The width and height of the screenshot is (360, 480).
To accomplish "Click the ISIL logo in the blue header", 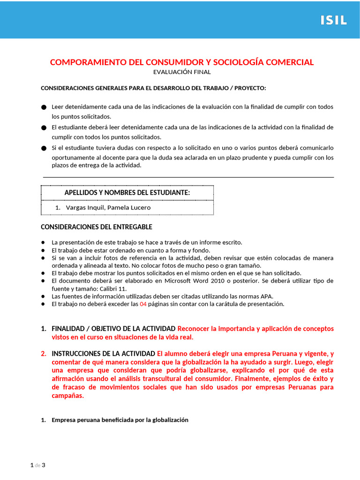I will pyautogui.click(x=333, y=20).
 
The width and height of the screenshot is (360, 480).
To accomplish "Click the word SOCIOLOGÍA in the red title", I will pyautogui.click(x=237, y=62).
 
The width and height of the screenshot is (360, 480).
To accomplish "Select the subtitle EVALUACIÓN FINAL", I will pyautogui.click(x=182, y=72).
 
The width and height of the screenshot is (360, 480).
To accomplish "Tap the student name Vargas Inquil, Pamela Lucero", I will pyautogui.click(x=108, y=208).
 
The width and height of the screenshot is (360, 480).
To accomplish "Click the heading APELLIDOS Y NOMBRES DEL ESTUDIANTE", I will pyautogui.click(x=127, y=193).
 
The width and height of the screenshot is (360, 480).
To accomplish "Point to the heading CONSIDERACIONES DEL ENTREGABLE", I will pyautogui.click(x=97, y=227).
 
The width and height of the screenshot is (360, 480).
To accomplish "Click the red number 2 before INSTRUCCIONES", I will pyautogui.click(x=44, y=353).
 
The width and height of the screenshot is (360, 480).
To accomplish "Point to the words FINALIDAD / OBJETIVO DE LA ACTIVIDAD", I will pyautogui.click(x=113, y=329).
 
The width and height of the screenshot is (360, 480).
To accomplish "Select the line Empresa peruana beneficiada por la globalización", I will pyautogui.click(x=120, y=420).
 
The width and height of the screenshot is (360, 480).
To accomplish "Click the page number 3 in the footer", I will pyautogui.click(x=44, y=465).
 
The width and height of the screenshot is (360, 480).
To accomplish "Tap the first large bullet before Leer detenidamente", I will pyautogui.click(x=44, y=107).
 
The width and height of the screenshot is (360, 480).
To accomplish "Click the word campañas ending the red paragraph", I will pyautogui.click(x=67, y=396).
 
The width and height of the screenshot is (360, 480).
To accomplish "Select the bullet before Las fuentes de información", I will pyautogui.click(x=43, y=296).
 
